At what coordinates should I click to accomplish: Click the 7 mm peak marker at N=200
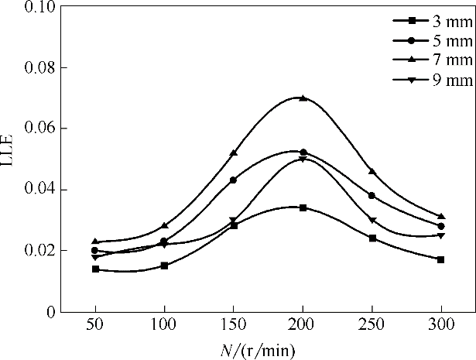pyautogui.click(x=303, y=98)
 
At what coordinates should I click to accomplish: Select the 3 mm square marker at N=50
pyautogui.click(x=95, y=269)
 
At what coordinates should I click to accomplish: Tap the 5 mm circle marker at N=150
pyautogui.click(x=234, y=180)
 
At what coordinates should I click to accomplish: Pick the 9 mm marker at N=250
pyautogui.click(x=372, y=221)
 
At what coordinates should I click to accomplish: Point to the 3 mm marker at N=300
pyautogui.click(x=441, y=259)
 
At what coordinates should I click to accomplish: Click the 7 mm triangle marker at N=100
pyautogui.click(x=164, y=225)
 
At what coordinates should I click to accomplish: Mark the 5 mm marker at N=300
pyautogui.click(x=441, y=226)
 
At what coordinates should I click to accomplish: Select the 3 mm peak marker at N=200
pyautogui.click(x=303, y=207)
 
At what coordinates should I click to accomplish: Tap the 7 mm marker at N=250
pyautogui.click(x=372, y=171)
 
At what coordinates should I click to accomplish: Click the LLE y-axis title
pyautogui.click(x=11, y=158)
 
